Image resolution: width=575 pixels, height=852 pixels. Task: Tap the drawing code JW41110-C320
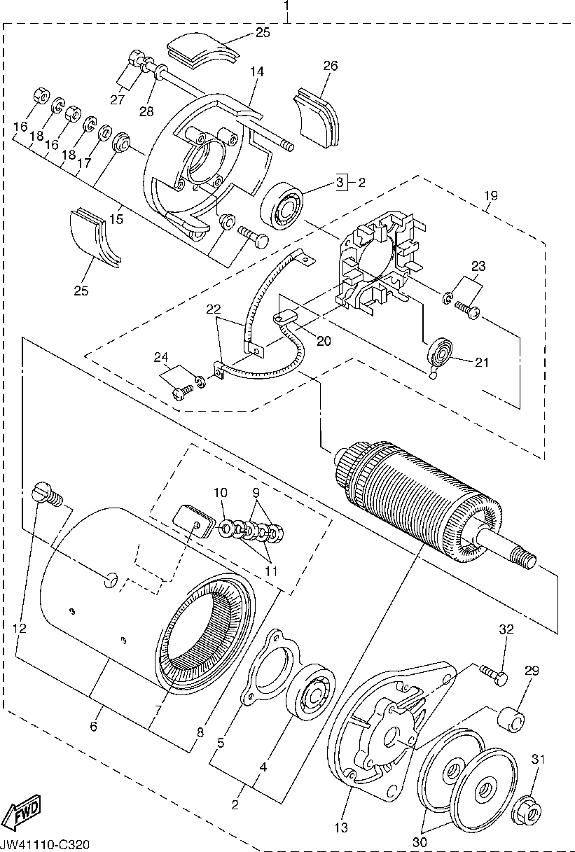pos(46,845)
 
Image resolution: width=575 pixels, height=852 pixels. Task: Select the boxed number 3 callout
pos(340,183)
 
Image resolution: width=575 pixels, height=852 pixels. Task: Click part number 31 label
pos(538,760)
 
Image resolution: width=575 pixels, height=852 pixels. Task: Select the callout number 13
pos(340,828)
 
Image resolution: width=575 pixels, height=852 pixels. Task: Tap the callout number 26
pos(330,67)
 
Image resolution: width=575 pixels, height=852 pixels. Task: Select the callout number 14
pos(256,71)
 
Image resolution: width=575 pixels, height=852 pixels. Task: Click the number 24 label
pos(162,358)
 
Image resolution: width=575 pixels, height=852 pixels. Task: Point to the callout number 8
pos(200,732)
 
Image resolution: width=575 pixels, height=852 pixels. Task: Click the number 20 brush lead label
pos(323,341)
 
